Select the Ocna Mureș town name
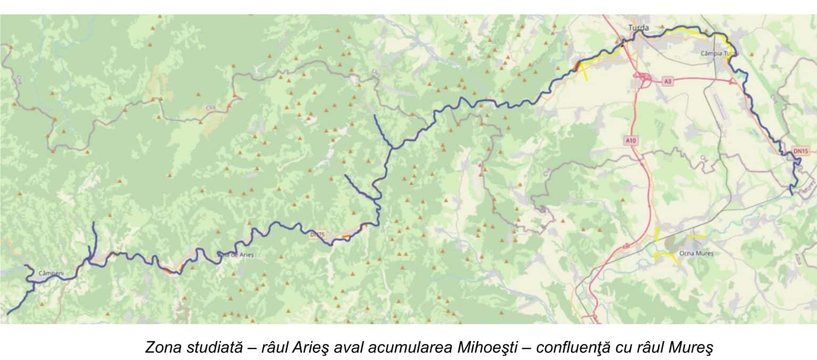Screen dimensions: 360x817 click(697, 254)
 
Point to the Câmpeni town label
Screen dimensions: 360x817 click(51, 274)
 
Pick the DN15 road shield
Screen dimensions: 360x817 click(801, 152)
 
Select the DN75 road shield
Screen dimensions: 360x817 click(317, 235)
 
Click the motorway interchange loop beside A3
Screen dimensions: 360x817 click(644, 80)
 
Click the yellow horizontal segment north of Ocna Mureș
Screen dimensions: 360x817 click(697, 236)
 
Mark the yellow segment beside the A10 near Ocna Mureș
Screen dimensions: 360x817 click(657, 233)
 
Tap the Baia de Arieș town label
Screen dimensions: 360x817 click(236, 255)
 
